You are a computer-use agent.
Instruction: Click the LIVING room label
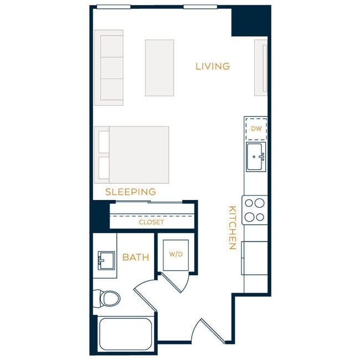click(213, 66)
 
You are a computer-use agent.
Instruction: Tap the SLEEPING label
click(131, 192)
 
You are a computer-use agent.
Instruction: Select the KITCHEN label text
click(233, 228)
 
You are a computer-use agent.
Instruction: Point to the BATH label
click(136, 257)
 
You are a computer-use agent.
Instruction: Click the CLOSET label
click(151, 222)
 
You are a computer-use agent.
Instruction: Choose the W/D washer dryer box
click(176, 255)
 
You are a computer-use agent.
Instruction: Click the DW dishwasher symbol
click(256, 128)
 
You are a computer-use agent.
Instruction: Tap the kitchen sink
click(256, 156)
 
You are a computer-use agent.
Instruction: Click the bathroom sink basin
click(105, 260)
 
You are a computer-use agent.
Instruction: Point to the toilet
click(107, 299)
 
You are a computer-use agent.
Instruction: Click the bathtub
click(124, 333)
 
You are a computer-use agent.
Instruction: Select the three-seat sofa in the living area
click(109, 68)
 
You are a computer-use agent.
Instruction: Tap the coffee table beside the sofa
click(160, 68)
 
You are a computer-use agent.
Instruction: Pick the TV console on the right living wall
click(261, 68)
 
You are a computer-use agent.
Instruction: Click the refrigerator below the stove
click(255, 258)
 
